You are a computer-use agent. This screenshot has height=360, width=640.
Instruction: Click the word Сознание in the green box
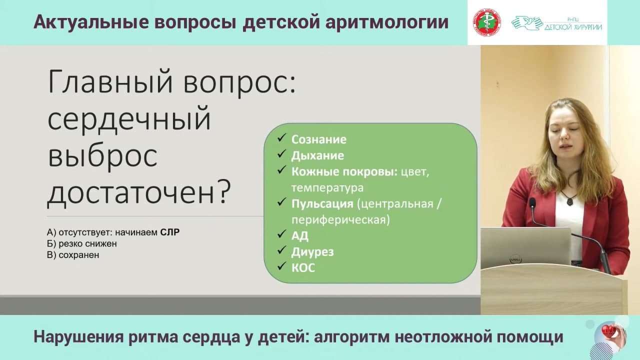pyautogui.click(x=318, y=139)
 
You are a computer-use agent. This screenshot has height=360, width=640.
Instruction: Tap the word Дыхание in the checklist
pyautogui.click(x=317, y=155)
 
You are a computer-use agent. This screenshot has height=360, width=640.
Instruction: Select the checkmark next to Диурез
pyautogui.click(x=281, y=250)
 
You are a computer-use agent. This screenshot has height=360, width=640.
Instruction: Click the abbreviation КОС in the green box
pyautogui.click(x=303, y=268)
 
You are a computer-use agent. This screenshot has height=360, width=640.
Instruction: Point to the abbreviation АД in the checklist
pyautogui.click(x=299, y=235)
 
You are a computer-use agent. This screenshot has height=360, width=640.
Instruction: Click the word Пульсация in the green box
pyautogui.click(x=322, y=204)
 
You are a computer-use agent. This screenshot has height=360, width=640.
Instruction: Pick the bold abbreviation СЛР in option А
pyautogui.click(x=169, y=232)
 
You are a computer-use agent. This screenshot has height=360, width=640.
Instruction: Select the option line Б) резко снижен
pyautogui.click(x=81, y=243)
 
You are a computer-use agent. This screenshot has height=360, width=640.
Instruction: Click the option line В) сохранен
pyautogui.click(x=73, y=255)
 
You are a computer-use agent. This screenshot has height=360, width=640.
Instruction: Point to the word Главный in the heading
pyautogui.click(x=110, y=82)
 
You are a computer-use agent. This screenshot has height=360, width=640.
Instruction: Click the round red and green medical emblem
pyautogui.click(x=486, y=22)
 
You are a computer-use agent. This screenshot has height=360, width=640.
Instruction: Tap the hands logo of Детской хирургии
pyautogui.click(x=526, y=23)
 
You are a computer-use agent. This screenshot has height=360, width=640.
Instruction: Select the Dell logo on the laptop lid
pyautogui.click(x=516, y=259)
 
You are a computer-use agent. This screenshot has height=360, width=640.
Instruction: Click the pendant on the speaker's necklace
pyautogui.click(x=569, y=201)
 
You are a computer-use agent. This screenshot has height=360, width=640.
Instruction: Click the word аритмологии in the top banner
pyautogui.click(x=386, y=22)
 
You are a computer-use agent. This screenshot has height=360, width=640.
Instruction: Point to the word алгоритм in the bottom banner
pyautogui.click(x=351, y=337)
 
